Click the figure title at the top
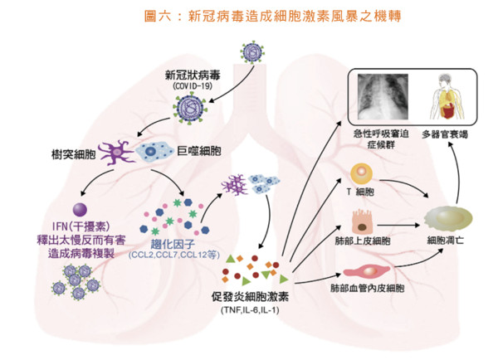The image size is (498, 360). coord(273,16)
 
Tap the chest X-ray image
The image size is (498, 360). coord(383,97)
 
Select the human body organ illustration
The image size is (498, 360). coord(447,96)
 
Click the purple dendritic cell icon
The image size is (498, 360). coord(116,153)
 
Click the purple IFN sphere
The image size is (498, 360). coord(80,210)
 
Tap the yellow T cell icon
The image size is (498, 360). coord(361,173)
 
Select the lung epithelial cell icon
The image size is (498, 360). coord(362,222)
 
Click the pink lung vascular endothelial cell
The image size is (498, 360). coord(367,272)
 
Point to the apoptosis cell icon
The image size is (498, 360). coord(448,218)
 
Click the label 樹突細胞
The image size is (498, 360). coord(74,154)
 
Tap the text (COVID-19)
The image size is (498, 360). coord(193,86)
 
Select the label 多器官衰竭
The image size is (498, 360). coord(445,134)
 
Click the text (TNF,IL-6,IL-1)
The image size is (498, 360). coord(251,310)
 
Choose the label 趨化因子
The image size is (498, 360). coord(173,244)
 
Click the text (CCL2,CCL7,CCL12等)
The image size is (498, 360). coord(174,255)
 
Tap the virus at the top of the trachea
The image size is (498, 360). coord(253,51)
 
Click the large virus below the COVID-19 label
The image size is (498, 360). coord(190,108)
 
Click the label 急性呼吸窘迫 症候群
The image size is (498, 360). coord(381,139)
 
